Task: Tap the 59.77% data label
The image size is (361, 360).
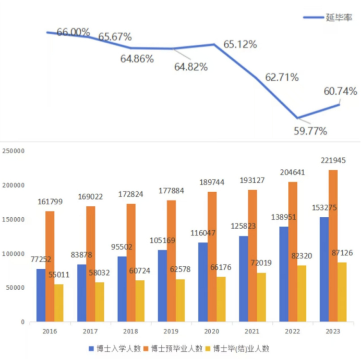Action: pos(310,131)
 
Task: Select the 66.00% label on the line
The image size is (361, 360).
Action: pos(73,32)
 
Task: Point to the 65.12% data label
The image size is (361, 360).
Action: pos(240,44)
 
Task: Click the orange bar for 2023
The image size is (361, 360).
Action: pos(333,245)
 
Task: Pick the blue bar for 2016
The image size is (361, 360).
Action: pos(41,295)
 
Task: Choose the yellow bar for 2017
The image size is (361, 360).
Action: pos(99,302)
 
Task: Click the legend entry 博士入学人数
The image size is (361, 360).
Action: pos(114,349)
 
